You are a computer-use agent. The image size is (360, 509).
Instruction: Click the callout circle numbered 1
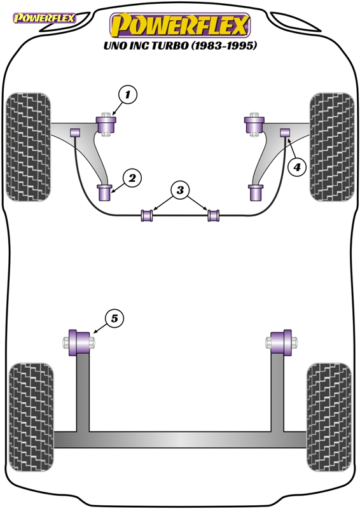128,94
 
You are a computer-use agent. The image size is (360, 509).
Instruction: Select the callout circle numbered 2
132,178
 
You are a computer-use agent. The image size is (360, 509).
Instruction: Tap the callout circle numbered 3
180,190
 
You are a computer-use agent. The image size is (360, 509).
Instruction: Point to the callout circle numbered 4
297,167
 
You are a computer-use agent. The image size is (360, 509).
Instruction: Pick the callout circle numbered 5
114,319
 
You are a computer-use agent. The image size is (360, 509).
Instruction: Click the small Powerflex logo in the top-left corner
44,18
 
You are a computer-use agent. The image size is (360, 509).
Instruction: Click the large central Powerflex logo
180,25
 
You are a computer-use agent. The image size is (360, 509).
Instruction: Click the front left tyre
29,147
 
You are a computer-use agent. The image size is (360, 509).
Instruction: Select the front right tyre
332,147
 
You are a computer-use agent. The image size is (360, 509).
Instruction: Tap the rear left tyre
32,417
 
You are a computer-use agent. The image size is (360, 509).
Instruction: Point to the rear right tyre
329,417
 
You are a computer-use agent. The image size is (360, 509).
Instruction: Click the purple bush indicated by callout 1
106,125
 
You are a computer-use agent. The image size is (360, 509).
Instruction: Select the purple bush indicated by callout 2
104,193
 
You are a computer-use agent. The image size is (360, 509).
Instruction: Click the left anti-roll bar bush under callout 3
147,216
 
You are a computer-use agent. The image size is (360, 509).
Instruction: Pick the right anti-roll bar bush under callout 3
213,216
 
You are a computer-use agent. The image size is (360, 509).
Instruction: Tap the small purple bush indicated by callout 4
286,132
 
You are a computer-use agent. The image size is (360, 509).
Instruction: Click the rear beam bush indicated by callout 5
79,342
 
